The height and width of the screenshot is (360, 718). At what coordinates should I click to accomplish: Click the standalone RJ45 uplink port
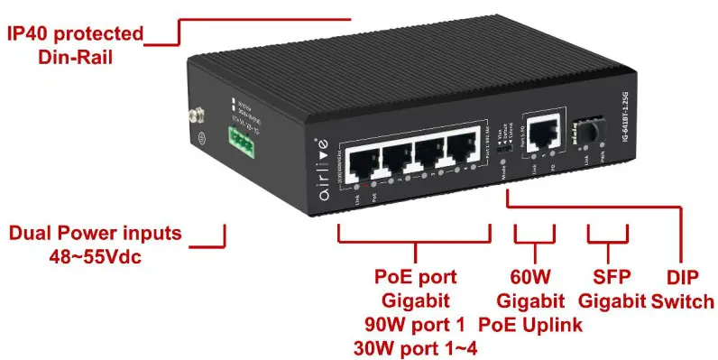coord(542,134)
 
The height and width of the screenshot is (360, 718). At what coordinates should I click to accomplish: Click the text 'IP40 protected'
coord(76,34)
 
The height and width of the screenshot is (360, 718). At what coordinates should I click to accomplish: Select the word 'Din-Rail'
coord(76,56)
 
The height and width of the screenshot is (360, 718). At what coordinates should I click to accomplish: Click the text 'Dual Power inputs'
coord(95,234)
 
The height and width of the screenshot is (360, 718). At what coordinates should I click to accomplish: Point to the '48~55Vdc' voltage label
coord(95,256)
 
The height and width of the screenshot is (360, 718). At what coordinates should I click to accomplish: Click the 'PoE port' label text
coord(416,276)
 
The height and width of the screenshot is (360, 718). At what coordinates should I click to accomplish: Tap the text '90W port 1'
coord(416,323)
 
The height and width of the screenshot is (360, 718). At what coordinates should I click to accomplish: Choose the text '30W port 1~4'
coord(416,346)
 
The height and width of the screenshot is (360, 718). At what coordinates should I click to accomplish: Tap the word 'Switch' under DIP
coord(683,300)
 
